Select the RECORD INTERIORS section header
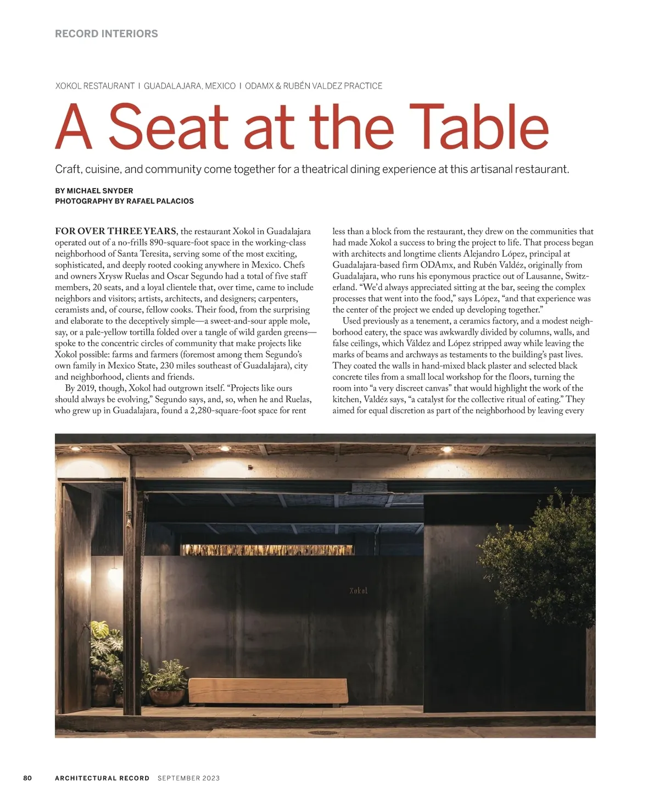[107, 34]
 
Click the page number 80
[27, 778]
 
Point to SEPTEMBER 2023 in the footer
[188, 778]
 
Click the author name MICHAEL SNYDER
[100, 191]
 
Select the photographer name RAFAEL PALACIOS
[160, 201]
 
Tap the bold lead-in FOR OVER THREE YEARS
[115, 231]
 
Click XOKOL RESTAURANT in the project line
[95, 86]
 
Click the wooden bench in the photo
[268, 691]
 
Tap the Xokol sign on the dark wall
[358, 591]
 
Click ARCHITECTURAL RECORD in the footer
[102, 778]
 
